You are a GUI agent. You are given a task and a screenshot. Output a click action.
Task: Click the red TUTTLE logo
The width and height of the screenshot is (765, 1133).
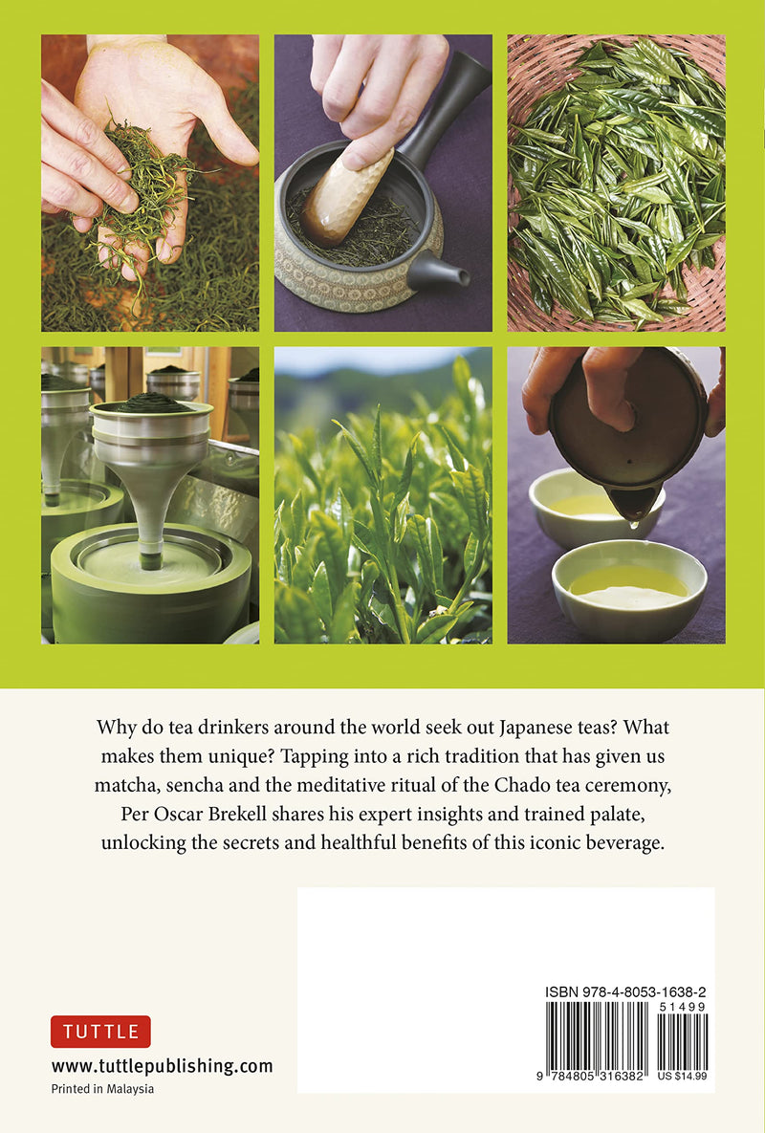tap(100, 1031)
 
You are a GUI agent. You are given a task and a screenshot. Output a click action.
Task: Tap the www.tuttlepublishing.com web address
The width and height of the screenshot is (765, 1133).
tap(162, 1066)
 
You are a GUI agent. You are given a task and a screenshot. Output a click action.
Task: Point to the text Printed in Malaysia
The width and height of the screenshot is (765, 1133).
tap(102, 1089)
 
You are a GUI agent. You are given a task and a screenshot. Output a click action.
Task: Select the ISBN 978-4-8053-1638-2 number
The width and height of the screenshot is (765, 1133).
tap(625, 992)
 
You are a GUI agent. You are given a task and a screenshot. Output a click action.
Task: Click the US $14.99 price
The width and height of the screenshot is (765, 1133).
tap(682, 1076)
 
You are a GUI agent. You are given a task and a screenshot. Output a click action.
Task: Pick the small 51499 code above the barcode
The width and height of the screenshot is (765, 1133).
tap(682, 1007)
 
